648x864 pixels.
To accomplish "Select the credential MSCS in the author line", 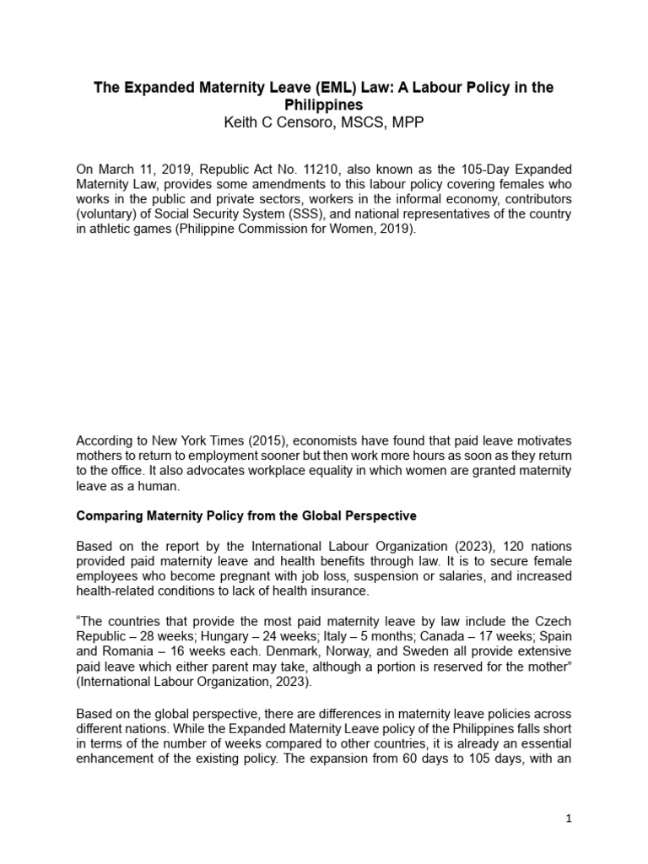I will pyautogui.click(x=359, y=122).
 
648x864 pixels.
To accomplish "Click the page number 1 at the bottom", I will pyautogui.click(x=569, y=818).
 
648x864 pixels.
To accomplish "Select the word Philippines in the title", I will pyautogui.click(x=323, y=105).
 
